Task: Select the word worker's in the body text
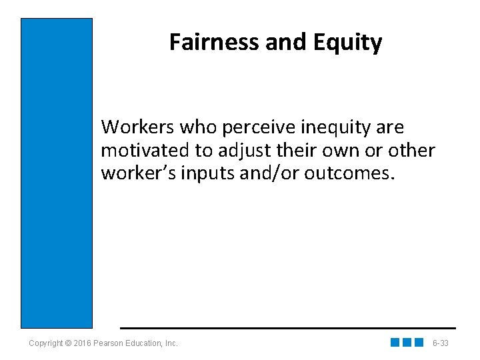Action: (x=137, y=173)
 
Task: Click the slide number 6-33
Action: (x=440, y=343)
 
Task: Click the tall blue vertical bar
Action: (x=57, y=173)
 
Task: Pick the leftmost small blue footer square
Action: (x=395, y=343)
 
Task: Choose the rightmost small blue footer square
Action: (x=419, y=343)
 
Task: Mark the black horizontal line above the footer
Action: (x=287, y=328)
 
